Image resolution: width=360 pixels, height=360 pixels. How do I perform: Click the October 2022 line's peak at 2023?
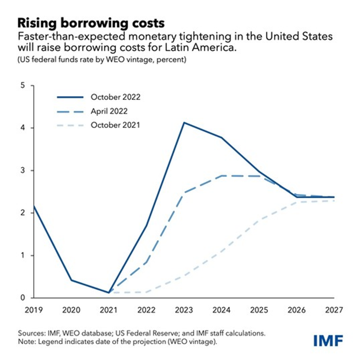tap(184, 123)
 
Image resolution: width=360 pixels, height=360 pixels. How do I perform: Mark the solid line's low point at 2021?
tap(108, 293)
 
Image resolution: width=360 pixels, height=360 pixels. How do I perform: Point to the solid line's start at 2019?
tap(33, 206)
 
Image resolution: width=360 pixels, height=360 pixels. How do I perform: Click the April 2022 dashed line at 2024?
tap(222, 176)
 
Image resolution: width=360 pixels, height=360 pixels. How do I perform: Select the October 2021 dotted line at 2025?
tap(259, 220)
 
